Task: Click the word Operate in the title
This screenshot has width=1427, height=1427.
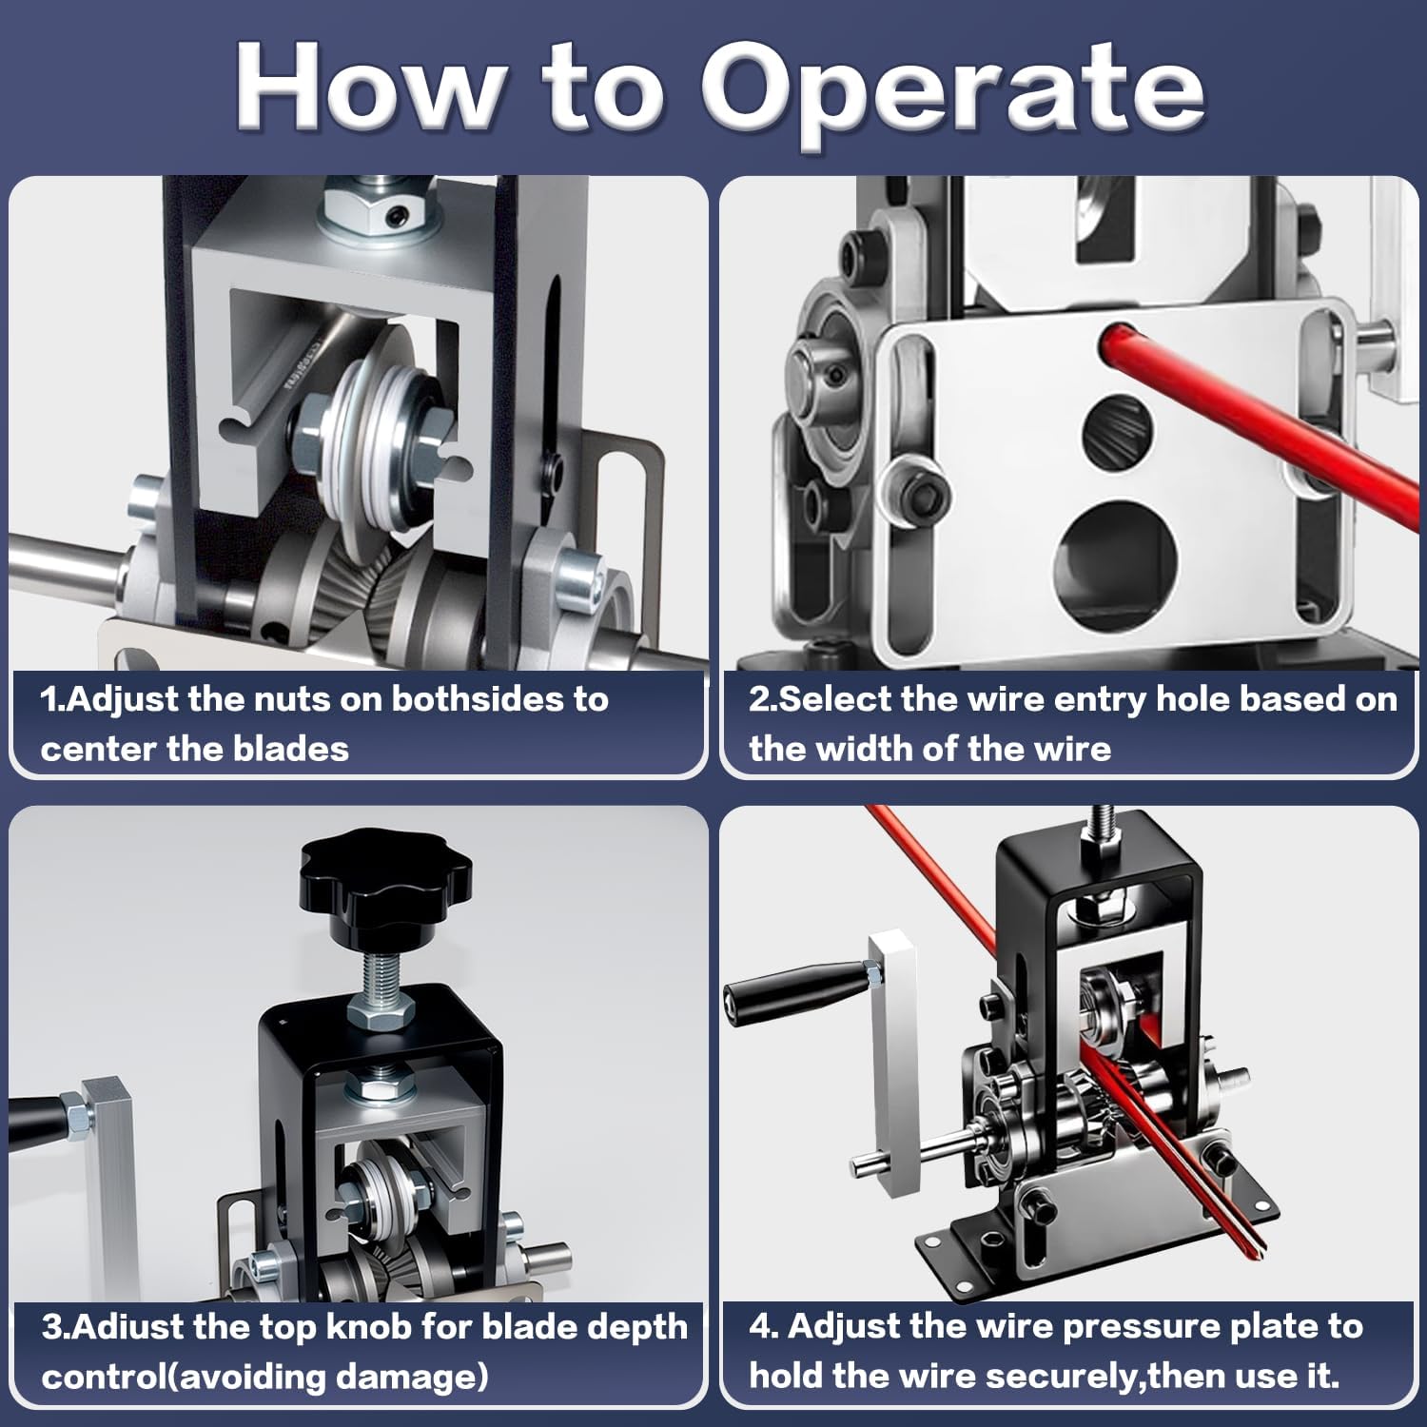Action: [954, 91]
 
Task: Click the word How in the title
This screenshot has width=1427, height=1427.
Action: [369, 88]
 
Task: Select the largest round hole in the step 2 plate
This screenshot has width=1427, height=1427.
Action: [1116, 556]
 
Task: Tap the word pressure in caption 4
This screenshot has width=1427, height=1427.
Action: [1135, 1326]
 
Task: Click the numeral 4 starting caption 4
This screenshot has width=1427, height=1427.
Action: [759, 1326]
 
